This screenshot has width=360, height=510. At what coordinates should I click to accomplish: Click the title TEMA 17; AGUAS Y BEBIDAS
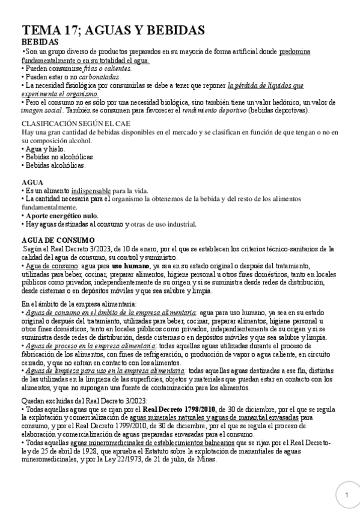(x=114, y=31)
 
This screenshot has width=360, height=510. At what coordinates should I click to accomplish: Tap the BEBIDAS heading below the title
(x=40, y=43)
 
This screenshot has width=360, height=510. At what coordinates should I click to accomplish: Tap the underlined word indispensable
(x=96, y=191)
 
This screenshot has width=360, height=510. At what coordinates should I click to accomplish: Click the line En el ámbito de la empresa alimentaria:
(x=79, y=304)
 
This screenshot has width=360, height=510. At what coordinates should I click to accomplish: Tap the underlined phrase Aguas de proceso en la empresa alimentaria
(x=91, y=346)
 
